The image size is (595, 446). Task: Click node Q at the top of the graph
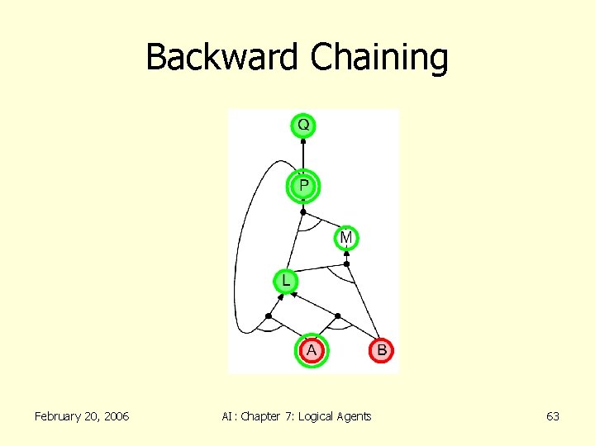pyautogui.click(x=303, y=126)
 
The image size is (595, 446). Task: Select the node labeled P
pyautogui.click(x=303, y=186)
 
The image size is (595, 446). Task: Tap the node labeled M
pyautogui.click(x=346, y=238)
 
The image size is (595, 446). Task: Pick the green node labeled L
pyautogui.click(x=286, y=281)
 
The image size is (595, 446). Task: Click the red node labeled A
pyautogui.click(x=312, y=350)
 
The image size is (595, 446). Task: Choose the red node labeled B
pyautogui.click(x=382, y=350)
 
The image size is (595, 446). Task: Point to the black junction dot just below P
pyautogui.click(x=303, y=211)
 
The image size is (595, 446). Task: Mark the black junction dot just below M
pyautogui.click(x=347, y=264)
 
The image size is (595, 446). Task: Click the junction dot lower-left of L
pyautogui.click(x=269, y=316)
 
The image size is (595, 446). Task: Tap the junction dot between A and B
pyautogui.click(x=337, y=316)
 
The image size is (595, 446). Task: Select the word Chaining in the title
pyautogui.click(x=379, y=58)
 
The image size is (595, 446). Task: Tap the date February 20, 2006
pyautogui.click(x=82, y=416)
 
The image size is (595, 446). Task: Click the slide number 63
pyautogui.click(x=553, y=416)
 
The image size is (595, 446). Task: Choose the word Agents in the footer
pyautogui.click(x=355, y=416)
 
